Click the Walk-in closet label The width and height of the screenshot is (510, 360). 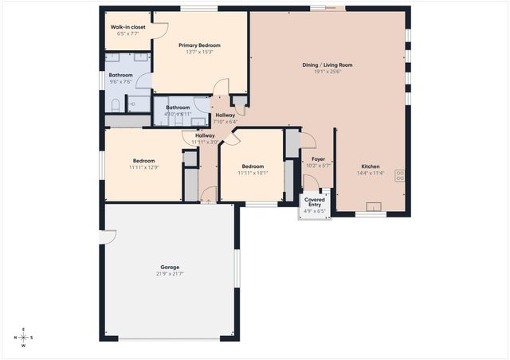pos(127,26)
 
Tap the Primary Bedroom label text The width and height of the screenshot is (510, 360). pos(198,45)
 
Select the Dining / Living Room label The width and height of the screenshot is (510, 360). pos(327,65)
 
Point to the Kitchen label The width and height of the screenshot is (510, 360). pos(370,166)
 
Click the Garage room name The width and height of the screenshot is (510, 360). pos(169,267)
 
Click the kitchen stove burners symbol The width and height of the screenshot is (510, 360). pos(399,177)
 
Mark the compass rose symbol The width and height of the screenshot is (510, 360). pos(23,337)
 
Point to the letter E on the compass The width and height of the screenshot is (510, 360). pos(23,329)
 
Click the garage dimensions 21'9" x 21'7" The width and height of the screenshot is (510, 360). pos(169,274)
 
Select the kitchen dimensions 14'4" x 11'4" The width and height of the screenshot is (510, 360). pos(370,174)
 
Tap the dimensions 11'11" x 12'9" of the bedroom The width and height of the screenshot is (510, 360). pos(143,167)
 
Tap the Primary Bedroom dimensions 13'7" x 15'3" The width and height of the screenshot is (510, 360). pos(198,53)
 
